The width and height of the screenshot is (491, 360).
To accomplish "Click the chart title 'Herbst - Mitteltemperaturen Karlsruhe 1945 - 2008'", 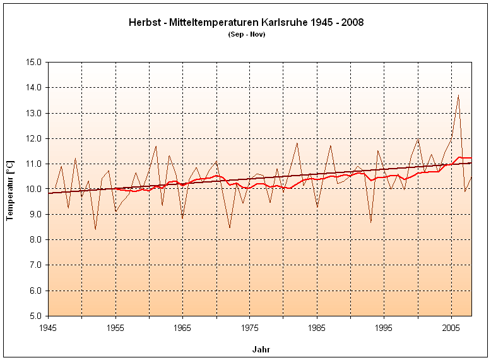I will coord(246,23).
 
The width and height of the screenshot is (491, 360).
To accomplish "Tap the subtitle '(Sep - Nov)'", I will coord(246,34).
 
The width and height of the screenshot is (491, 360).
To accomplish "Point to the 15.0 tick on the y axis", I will coord(33,63).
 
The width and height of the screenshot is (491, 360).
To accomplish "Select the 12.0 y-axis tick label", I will coord(33,138).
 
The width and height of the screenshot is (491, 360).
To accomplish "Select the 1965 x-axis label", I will coord(182,328).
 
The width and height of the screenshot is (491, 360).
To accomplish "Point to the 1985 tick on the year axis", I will coord(316,328).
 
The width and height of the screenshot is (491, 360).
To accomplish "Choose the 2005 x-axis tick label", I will coord(451,328).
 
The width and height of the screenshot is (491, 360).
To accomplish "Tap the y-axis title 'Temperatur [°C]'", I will coord(10,189).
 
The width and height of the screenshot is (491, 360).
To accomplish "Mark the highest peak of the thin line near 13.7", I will coord(458,95).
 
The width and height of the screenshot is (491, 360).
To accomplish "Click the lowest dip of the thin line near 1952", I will coord(95,229).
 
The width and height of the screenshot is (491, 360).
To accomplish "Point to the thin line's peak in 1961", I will coord(156,147).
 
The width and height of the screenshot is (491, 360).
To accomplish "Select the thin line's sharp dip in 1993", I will coord(370,222).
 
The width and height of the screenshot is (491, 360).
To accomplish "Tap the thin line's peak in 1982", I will coord(297,143).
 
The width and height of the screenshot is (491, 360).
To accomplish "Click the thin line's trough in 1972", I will coord(230,227).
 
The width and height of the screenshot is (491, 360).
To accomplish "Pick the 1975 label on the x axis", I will coord(249,328).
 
